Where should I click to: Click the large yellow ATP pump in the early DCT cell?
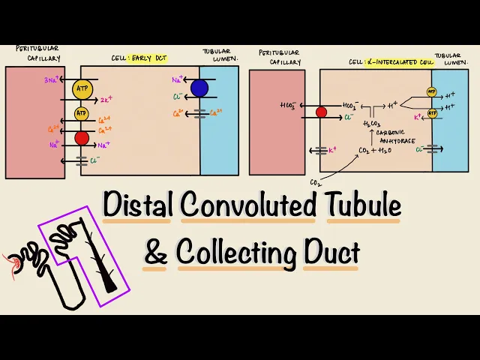(81, 89)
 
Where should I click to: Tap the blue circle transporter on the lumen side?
(199, 88)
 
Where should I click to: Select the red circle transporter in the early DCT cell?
(81, 138)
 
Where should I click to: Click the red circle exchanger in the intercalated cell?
(321, 112)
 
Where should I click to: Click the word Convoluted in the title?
(248, 205)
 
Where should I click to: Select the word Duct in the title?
(331, 253)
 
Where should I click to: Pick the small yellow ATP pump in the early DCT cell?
(81, 114)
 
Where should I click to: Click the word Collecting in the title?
(237, 253)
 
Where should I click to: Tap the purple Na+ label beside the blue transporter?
(178, 79)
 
